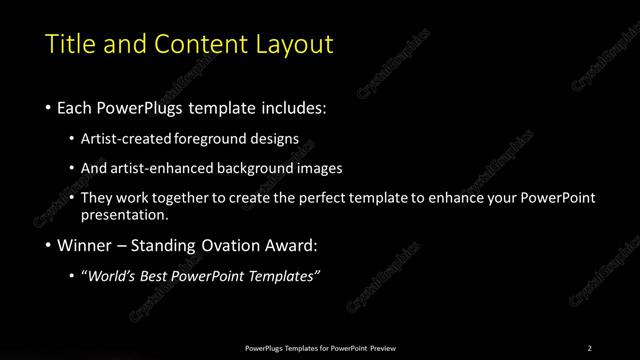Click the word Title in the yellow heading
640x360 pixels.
70,44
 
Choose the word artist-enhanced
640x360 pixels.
162,168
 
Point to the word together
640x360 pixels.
188,198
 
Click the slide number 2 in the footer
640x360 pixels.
590,348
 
